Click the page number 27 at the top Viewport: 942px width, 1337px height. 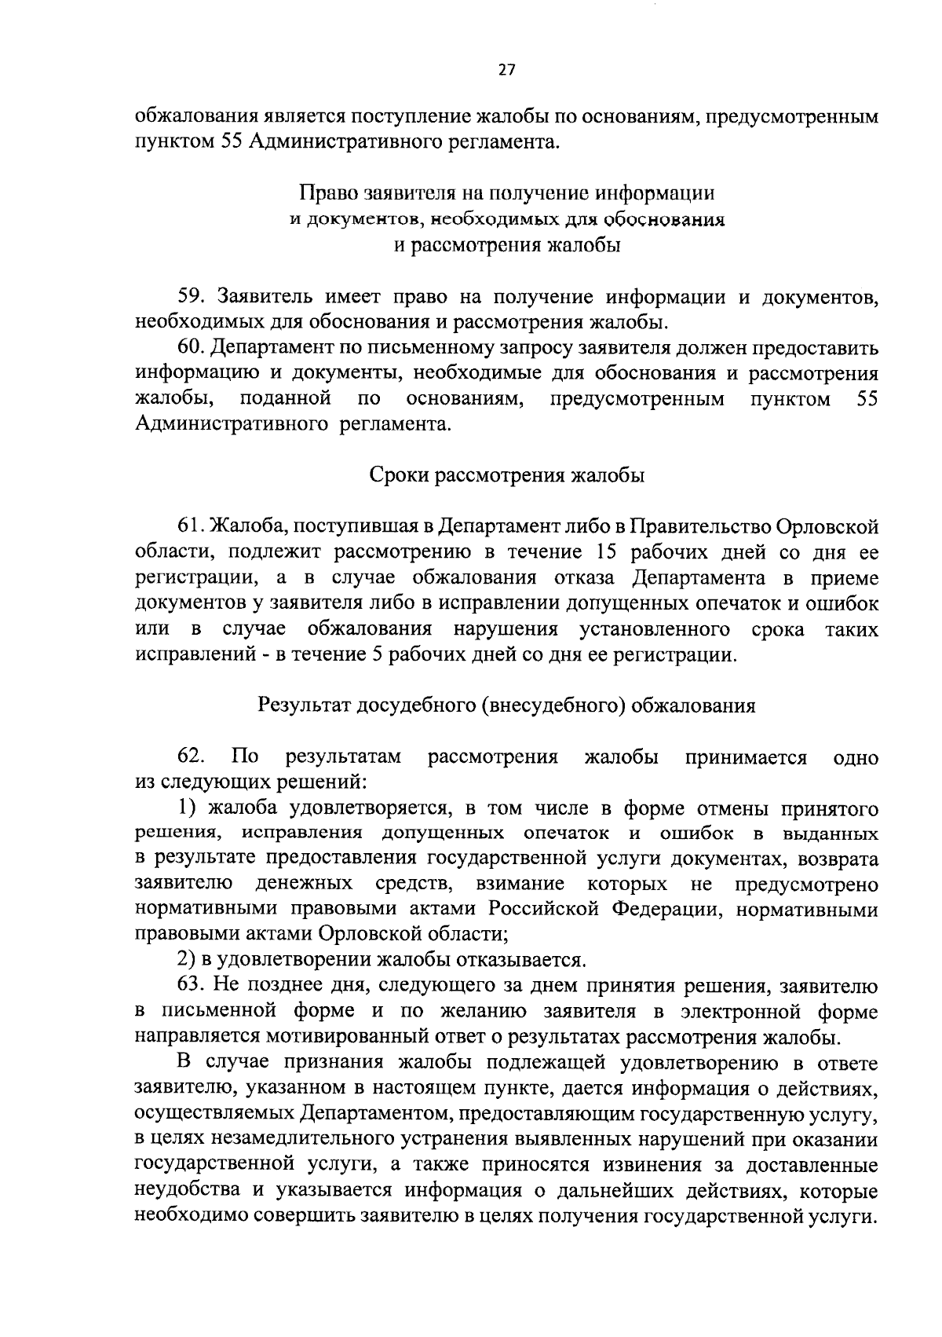click(x=506, y=71)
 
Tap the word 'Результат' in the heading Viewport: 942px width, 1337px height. click(x=305, y=705)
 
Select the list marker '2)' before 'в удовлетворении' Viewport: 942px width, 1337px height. click(x=184, y=960)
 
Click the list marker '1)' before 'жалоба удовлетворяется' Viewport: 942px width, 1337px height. click(x=184, y=808)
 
